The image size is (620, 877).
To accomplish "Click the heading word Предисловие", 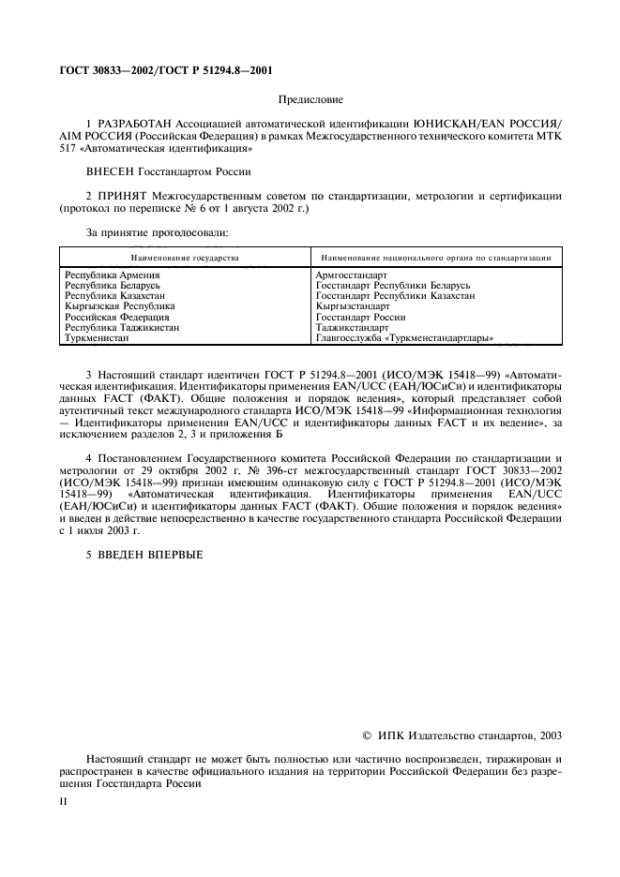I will point(310,98).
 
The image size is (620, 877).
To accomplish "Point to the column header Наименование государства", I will point(185,257).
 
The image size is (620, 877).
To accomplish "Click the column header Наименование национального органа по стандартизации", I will point(435,257).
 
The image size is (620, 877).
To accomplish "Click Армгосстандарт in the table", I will point(352,275).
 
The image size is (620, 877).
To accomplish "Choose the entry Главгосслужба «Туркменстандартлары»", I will point(405,337).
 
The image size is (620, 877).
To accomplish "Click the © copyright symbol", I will point(367,736).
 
